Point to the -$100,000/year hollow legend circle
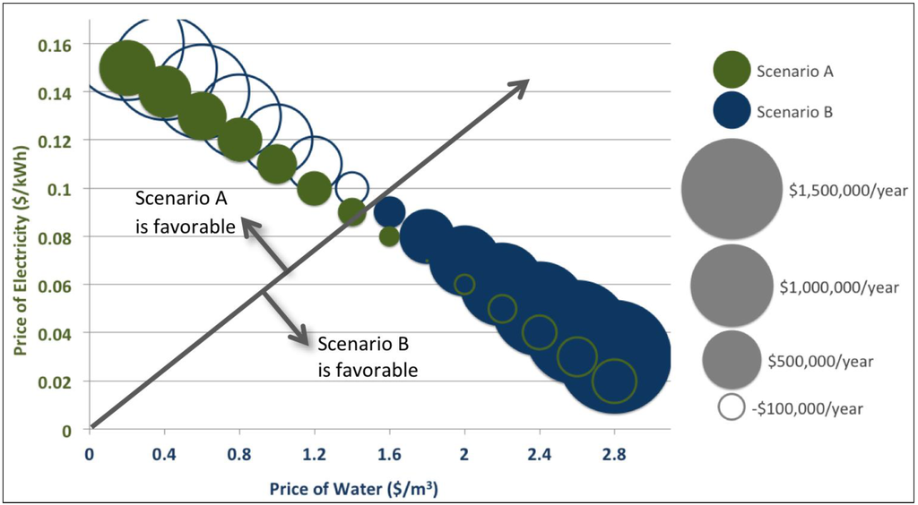[x=732, y=407]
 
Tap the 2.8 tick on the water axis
[x=613, y=454]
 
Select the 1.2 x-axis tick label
[x=314, y=454]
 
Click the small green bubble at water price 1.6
[x=389, y=237]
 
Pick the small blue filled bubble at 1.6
[x=388, y=212]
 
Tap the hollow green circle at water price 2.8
[x=614, y=381]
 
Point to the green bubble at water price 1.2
[x=314, y=188]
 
